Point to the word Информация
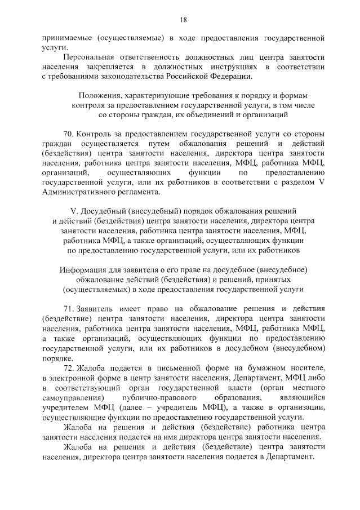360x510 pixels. pyautogui.click(x=84, y=269)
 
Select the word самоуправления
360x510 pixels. pyautogui.click(x=72, y=397)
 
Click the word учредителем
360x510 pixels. pyautogui.click(x=64, y=407)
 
